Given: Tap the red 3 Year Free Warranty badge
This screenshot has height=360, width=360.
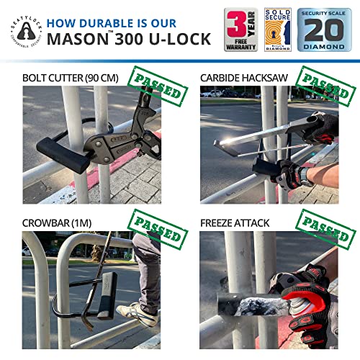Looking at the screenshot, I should click(x=239, y=28).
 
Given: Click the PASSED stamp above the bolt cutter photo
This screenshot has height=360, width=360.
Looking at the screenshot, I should click(x=157, y=87).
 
